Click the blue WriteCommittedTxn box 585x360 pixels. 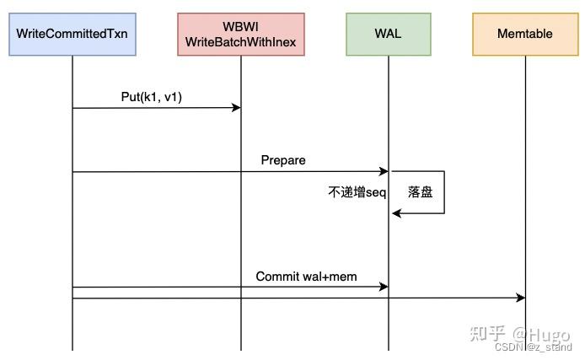(x=72, y=35)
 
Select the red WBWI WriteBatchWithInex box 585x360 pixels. (x=240, y=35)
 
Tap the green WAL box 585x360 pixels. (x=388, y=35)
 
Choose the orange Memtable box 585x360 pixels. (x=524, y=35)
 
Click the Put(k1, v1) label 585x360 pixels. (x=152, y=96)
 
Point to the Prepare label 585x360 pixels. (x=283, y=160)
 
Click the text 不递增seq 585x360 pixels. (x=356, y=192)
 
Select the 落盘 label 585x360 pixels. (x=420, y=192)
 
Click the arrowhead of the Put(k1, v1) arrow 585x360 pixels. (x=237, y=108)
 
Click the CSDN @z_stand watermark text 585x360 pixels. (x=533, y=347)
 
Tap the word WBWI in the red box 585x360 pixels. (x=240, y=27)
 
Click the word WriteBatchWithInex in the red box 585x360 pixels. (x=240, y=42)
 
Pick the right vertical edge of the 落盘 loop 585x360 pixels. (x=443, y=192)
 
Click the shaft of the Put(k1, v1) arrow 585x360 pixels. (x=152, y=108)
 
